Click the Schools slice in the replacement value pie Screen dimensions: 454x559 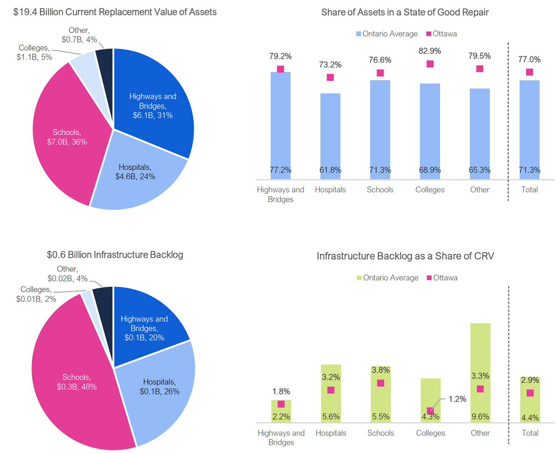point(64,138)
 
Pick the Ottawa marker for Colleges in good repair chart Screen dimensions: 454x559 point(430,64)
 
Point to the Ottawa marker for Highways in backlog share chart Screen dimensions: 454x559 point(281,404)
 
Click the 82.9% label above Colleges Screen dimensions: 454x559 point(430,51)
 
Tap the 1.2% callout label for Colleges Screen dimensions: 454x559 point(457,399)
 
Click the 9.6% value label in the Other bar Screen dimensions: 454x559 point(480,417)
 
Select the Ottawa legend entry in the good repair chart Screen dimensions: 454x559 point(442,34)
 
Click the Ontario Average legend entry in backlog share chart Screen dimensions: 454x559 point(387,278)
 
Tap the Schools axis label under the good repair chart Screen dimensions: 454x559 point(380,190)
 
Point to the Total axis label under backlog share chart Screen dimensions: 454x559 point(530,433)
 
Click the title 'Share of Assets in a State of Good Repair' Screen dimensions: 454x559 point(405,12)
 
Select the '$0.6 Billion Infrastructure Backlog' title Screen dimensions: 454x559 point(115,255)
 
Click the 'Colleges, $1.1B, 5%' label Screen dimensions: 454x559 point(34,52)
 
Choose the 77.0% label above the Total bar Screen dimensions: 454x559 point(529,59)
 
